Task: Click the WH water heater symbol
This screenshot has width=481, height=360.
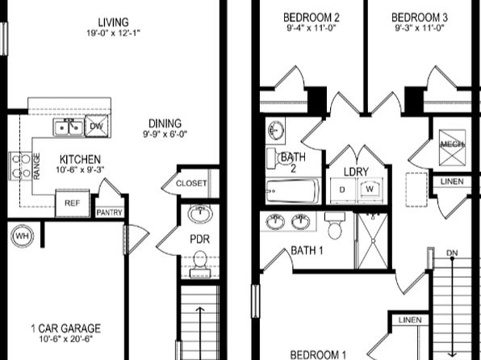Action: pos(22,236)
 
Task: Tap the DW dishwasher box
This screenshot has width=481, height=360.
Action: pos(97,126)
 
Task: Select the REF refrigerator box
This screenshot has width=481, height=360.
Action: pos(73,203)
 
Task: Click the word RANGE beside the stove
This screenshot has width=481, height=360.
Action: pos(36,166)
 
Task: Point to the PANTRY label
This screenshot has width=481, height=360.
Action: pos(109,212)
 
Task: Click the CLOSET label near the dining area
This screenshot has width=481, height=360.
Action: pos(191,183)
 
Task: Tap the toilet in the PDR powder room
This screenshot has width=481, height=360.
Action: pos(200,265)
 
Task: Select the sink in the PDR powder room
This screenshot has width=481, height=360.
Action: pos(200,214)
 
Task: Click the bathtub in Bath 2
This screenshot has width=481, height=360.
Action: pos(293,191)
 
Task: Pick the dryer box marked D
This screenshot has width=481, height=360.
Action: pos(343,190)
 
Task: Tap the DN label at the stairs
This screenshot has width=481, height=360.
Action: pos(452,253)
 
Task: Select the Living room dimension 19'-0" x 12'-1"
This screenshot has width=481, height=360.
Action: pos(113,33)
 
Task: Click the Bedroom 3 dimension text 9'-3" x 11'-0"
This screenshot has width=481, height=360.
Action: pos(420,28)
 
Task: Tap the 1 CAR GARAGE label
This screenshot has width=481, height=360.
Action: pos(65,329)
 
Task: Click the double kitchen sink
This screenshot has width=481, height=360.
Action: pos(69,127)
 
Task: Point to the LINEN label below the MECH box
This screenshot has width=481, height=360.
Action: pos(452,182)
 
